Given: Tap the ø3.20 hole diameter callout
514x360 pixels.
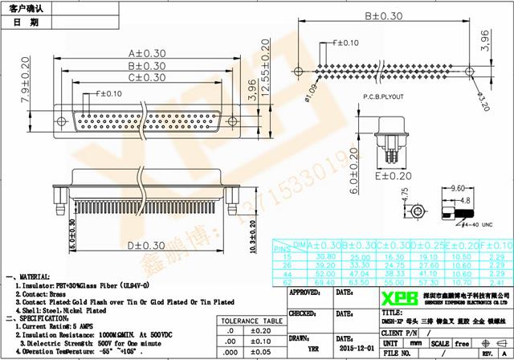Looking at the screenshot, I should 483,98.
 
